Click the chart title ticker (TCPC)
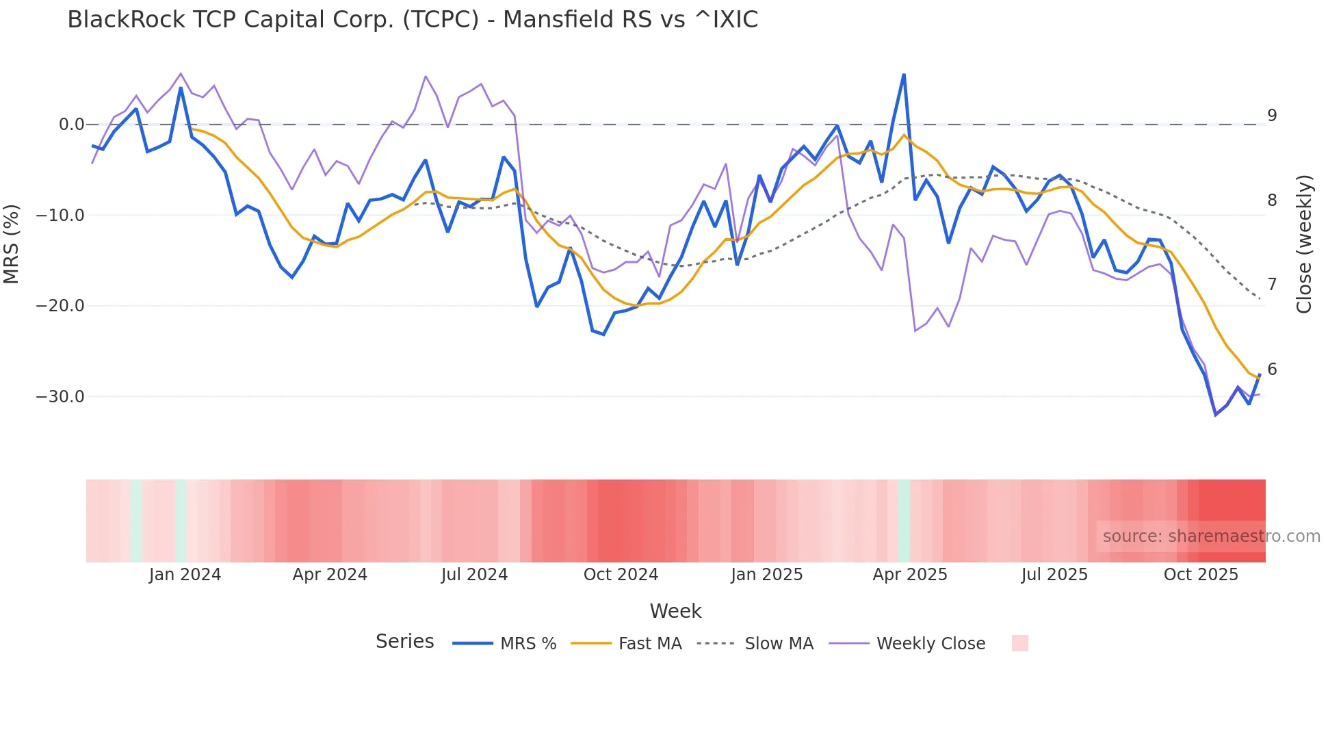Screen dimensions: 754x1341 (x=441, y=20)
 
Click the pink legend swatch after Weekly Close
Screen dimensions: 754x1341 (x=1019, y=643)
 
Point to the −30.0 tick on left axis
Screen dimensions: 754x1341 (x=60, y=397)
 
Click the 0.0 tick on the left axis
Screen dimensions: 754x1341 (x=71, y=125)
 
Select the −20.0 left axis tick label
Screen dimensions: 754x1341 (x=60, y=306)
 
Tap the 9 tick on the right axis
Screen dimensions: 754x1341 (x=1272, y=116)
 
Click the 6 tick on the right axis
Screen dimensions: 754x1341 (x=1272, y=369)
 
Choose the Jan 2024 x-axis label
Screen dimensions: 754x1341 (x=185, y=575)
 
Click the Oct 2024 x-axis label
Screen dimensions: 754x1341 (x=621, y=575)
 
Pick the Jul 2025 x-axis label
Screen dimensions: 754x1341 (x=1054, y=575)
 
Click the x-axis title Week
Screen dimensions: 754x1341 (x=675, y=611)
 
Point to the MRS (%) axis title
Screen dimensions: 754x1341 (x=12, y=244)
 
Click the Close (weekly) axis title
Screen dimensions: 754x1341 (x=1304, y=244)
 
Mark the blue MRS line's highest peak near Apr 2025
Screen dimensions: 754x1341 (x=904, y=75)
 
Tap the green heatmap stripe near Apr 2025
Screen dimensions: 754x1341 (x=904, y=521)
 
